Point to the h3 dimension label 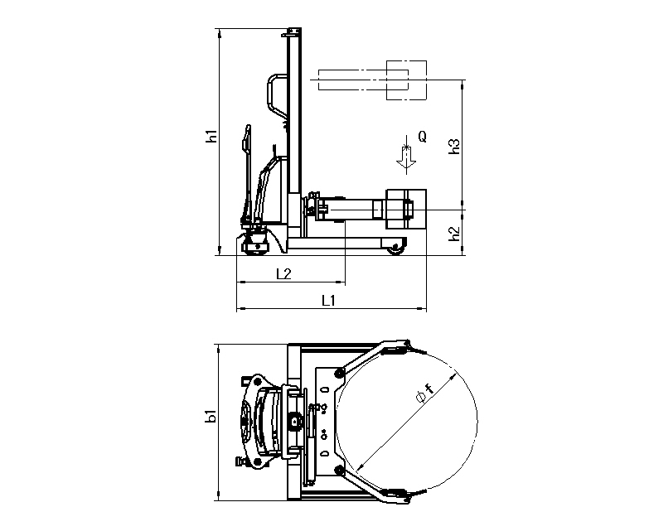tap(454, 146)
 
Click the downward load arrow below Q tap(405, 157)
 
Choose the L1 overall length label tap(328, 301)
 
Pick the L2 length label tap(282, 273)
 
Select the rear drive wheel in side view tap(255, 244)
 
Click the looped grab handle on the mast tap(274, 95)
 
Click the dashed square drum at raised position tap(406, 80)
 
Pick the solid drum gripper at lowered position tap(406, 209)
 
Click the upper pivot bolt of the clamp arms tap(341, 370)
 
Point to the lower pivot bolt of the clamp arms tap(340, 471)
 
